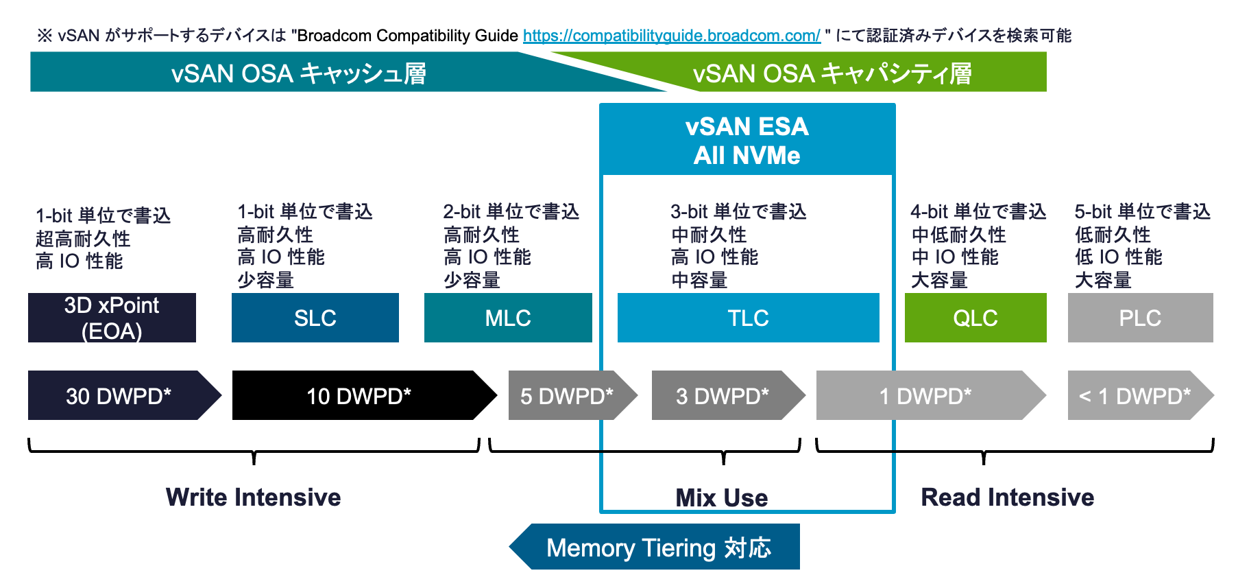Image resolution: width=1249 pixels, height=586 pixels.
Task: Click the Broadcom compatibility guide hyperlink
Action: pos(671,36)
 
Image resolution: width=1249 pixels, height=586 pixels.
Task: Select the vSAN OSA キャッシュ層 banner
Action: pos(299,73)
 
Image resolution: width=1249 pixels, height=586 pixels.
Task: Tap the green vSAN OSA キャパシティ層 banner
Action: pos(832,73)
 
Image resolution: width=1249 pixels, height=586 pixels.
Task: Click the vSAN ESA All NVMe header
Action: pos(747,141)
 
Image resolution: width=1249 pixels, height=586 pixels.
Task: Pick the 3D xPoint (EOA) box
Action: pos(112,318)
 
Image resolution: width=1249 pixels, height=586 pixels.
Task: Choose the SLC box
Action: pos(315,318)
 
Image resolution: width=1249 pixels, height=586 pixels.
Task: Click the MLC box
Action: pos(508,318)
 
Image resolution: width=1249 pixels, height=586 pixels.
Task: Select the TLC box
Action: pos(748,318)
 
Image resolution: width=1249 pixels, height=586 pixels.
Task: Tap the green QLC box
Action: pos(975,318)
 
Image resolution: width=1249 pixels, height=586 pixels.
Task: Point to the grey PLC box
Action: pos(1140,318)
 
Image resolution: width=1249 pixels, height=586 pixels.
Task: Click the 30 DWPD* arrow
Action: pos(119,395)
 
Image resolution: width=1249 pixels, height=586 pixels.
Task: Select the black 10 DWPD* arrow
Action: pos(359,395)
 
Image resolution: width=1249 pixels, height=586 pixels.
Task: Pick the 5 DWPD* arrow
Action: pos(566,395)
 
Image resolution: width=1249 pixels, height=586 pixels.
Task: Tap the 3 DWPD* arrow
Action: pos(723,395)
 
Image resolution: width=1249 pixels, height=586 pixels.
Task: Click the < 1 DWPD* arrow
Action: pos(1135,395)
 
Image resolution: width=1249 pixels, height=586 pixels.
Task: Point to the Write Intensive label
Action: pos(253,497)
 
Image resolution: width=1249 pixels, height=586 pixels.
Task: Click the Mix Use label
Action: pos(721,497)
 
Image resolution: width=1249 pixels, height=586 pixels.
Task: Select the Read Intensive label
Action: pos(1007,497)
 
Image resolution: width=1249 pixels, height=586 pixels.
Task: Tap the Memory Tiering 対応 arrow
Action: pos(658,547)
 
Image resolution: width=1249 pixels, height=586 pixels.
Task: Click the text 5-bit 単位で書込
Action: pos(1142,211)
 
